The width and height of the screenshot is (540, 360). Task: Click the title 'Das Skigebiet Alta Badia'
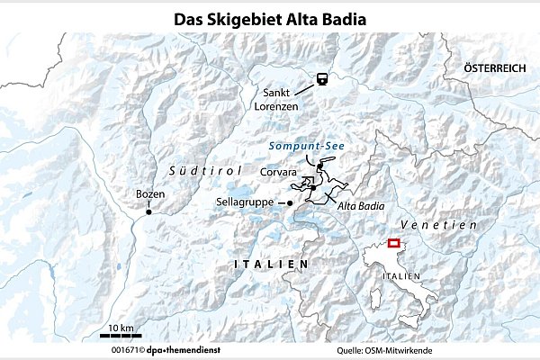270,16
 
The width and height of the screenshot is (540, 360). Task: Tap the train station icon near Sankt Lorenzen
319,80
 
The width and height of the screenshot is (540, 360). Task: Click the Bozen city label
150,193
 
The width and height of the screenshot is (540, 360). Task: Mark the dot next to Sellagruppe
290,203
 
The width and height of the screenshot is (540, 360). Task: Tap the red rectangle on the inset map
393,243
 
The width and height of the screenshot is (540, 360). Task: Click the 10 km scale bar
120,335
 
